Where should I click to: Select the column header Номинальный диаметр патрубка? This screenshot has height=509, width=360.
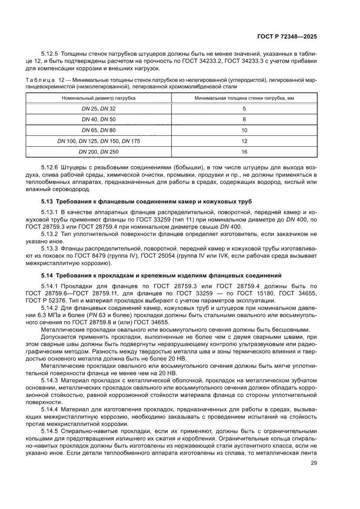pyautogui.click(x=99, y=98)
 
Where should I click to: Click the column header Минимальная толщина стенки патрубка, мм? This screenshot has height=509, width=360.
pyautogui.click(x=244, y=98)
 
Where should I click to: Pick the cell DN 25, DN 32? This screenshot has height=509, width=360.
pyautogui.click(x=99, y=108)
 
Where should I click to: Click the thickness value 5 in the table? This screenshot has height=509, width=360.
pyautogui.click(x=244, y=108)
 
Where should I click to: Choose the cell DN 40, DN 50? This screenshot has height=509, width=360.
pyautogui.click(x=99, y=119)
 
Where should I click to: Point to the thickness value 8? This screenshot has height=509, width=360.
pyautogui.click(x=244, y=119)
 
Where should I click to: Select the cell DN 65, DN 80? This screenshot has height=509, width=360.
pyautogui.click(x=99, y=130)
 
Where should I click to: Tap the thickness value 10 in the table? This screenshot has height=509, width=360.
pyautogui.click(x=244, y=130)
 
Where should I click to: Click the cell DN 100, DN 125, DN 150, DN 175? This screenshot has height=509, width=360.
pyautogui.click(x=99, y=141)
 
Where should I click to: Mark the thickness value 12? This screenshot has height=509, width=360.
pyautogui.click(x=244, y=141)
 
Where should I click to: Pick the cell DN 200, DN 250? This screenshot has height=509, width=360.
pyautogui.click(x=99, y=152)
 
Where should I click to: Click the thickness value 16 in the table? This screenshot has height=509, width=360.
pyautogui.click(x=244, y=152)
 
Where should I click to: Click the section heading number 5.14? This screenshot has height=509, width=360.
pyautogui.click(x=47, y=275)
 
